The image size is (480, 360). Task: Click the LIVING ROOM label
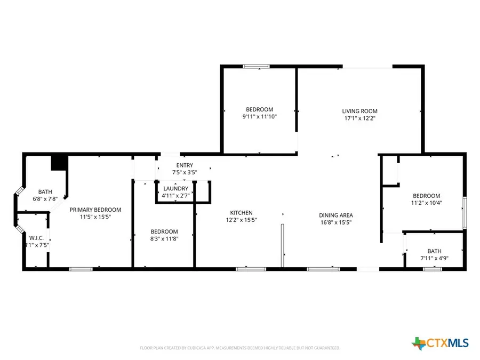(359, 111)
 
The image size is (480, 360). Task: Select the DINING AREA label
(336, 215)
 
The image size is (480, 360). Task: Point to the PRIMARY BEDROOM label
(95, 210)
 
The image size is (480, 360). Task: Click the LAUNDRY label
(175, 189)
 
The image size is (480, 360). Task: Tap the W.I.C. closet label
(36, 238)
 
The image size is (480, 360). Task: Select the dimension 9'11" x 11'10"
(259, 116)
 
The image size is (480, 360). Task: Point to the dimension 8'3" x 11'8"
(164, 239)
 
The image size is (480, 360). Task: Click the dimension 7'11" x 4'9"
(434, 259)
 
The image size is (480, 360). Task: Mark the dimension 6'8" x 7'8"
(45, 199)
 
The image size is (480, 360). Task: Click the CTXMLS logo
(440, 342)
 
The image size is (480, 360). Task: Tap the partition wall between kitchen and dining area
(283, 245)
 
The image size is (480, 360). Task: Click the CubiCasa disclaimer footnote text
(240, 348)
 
